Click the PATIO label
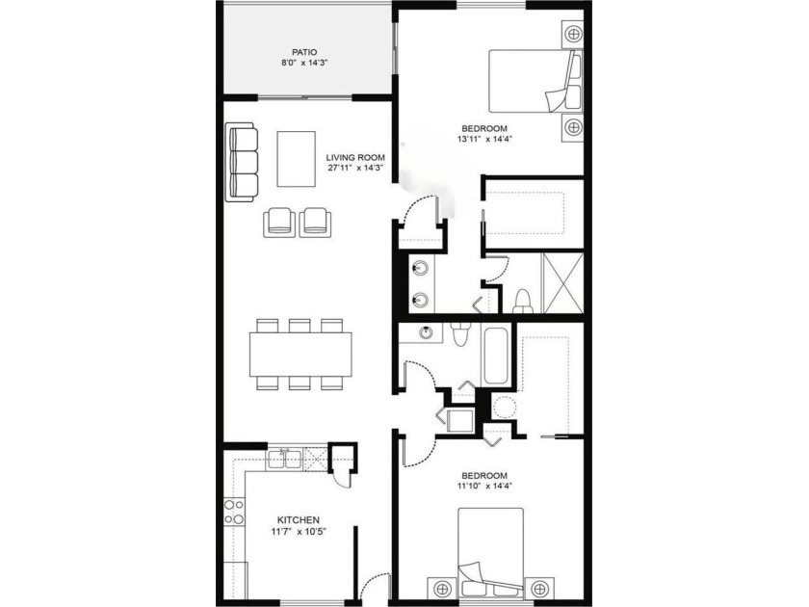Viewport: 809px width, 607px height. (304, 52)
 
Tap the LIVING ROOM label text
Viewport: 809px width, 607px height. (355, 157)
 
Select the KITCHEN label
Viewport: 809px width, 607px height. (299, 520)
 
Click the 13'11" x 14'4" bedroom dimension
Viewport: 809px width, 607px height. (484, 139)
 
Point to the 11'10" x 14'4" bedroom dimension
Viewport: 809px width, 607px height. (484, 486)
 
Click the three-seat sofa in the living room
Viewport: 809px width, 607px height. (242, 162)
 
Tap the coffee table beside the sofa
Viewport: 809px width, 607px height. (297, 158)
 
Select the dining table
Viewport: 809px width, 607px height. (300, 355)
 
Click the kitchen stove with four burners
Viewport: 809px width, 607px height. (234, 512)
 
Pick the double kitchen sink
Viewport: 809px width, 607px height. (284, 459)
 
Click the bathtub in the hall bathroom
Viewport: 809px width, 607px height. (495, 355)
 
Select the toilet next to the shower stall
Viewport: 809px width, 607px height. (523, 302)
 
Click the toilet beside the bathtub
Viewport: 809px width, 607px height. (458, 335)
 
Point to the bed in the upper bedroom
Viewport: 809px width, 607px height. (535, 81)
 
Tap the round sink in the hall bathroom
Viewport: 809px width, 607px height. (426, 333)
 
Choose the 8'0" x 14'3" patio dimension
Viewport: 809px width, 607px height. (304, 63)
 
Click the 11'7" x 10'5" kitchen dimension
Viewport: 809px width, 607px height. (299, 532)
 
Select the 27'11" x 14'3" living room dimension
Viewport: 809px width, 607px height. (355, 168)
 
